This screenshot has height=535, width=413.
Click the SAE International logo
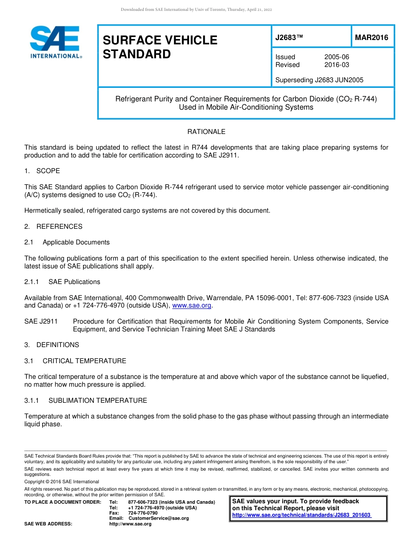coord(55,42)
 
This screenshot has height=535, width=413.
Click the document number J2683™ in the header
coord(289,38)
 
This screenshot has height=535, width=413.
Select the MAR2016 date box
coord(372,38)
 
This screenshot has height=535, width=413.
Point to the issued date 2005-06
coord(336,57)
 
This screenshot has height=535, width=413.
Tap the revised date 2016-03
coord(336,65)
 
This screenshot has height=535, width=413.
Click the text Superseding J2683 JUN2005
coord(319,80)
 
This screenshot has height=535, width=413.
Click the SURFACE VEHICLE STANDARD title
coord(160,47)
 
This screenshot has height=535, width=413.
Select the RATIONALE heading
coord(206,132)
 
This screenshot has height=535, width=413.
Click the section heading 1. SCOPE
coord(42,171)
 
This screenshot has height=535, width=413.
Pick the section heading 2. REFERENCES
coord(53,227)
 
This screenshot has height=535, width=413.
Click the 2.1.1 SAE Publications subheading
coord(62,282)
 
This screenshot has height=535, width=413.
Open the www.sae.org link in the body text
coord(192,306)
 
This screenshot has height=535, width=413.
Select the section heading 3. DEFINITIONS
coord(52,345)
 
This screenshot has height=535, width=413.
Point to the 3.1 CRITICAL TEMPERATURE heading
coord(75,361)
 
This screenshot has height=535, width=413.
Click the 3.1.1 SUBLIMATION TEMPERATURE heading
coord(86,401)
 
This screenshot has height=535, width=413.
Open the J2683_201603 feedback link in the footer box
coord(301,515)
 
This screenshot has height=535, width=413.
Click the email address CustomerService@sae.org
coord(159,518)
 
